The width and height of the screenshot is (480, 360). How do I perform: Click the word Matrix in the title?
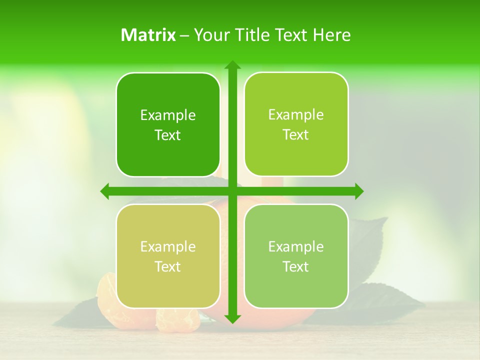coord(148,35)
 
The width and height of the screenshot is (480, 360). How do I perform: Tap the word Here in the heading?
coord(331,35)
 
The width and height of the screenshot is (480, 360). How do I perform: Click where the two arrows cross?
coord(232,191)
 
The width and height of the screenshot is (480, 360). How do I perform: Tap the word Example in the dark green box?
coord(168,115)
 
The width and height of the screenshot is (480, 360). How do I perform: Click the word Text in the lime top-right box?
coord(296,135)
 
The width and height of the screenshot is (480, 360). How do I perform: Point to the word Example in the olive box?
coord(168,247)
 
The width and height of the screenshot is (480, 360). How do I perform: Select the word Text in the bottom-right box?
coord(296,267)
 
